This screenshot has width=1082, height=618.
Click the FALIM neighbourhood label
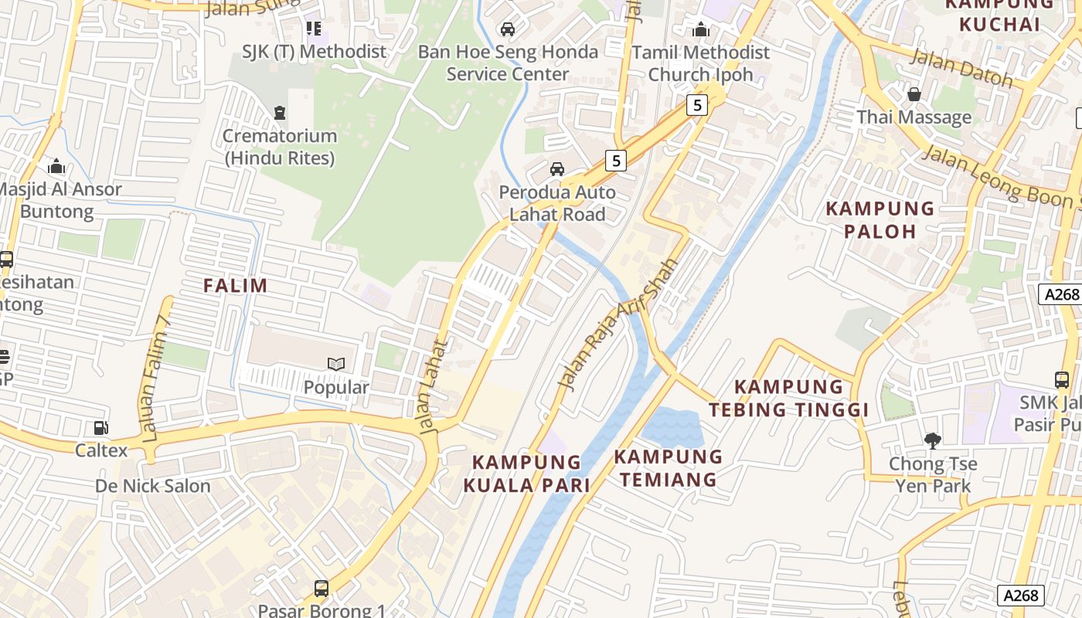tap(235, 285)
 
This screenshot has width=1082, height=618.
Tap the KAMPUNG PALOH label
tap(880, 219)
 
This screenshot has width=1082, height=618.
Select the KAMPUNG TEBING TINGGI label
tap(788, 398)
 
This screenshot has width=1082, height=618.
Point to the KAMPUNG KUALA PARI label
tap(526, 473)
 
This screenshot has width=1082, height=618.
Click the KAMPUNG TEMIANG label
tap(669, 467)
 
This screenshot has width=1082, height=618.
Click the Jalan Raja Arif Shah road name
tap(618, 324)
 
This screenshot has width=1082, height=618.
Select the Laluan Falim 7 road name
tap(155, 379)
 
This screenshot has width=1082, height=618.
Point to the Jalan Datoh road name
tap(961, 68)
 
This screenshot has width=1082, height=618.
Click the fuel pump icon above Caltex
tap(100, 427)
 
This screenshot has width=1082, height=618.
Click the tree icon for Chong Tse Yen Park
tap(932, 440)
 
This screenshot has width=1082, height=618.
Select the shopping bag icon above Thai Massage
tap(914, 94)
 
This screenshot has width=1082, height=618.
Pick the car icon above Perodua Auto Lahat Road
tap(556, 168)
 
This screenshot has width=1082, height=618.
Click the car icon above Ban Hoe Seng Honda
tap(508, 29)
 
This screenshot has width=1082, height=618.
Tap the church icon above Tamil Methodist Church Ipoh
tap(701, 30)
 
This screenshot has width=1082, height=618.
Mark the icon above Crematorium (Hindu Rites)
tap(279, 113)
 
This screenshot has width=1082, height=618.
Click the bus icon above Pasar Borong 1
tap(321, 589)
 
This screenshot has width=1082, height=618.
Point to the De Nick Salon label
tap(152, 486)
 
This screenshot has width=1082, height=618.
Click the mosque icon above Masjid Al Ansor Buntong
tap(56, 167)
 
